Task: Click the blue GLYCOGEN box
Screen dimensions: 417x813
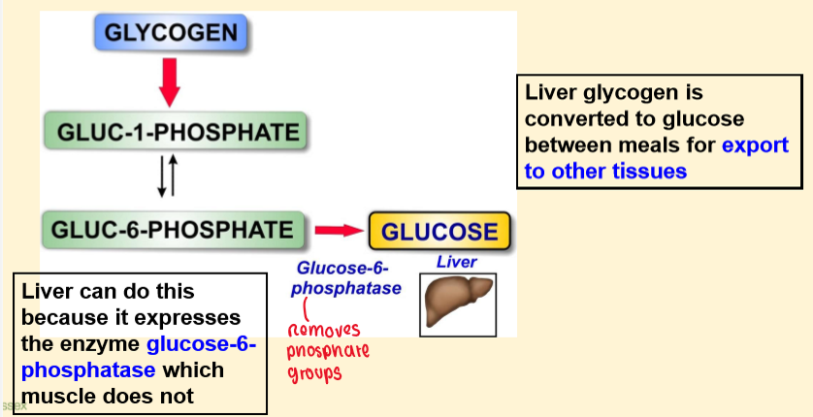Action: [x=172, y=34]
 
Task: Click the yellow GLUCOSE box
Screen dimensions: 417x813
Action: [x=439, y=232]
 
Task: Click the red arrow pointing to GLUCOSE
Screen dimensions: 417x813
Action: [x=336, y=231]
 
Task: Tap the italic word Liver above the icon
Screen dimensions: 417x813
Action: [x=456, y=262]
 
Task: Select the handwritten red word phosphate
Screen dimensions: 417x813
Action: [x=329, y=349]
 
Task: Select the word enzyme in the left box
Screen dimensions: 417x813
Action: [x=101, y=343]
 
